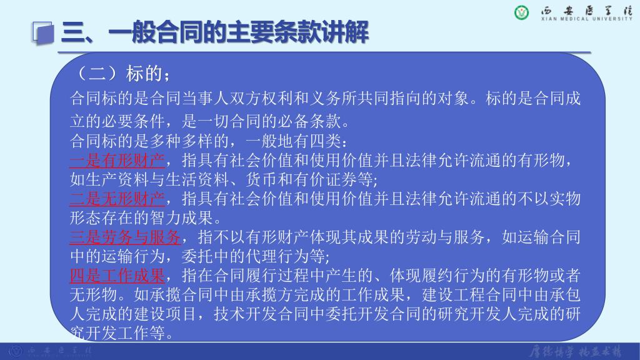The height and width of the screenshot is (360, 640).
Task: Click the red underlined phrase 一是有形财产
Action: pos(117,161)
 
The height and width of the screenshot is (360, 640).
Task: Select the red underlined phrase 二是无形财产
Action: pos(117,199)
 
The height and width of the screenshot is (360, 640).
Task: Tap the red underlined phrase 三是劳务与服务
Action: pos(125,237)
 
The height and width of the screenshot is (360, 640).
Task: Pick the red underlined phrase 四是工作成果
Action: pos(117,276)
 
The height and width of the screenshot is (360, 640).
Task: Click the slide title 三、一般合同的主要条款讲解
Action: pos(215,32)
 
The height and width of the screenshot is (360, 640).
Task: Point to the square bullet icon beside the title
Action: pos(43,32)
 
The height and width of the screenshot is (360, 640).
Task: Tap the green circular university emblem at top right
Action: pos(521,12)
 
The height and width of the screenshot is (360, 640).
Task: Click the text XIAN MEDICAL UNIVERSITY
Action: pos(586,19)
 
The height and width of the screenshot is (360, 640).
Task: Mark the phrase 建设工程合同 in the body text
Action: pos(470,295)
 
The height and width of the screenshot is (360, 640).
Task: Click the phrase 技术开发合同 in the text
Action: pos(261,314)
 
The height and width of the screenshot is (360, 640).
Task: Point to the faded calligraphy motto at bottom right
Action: pos(576,351)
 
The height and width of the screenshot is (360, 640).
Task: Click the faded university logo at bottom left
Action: pos(16,351)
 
